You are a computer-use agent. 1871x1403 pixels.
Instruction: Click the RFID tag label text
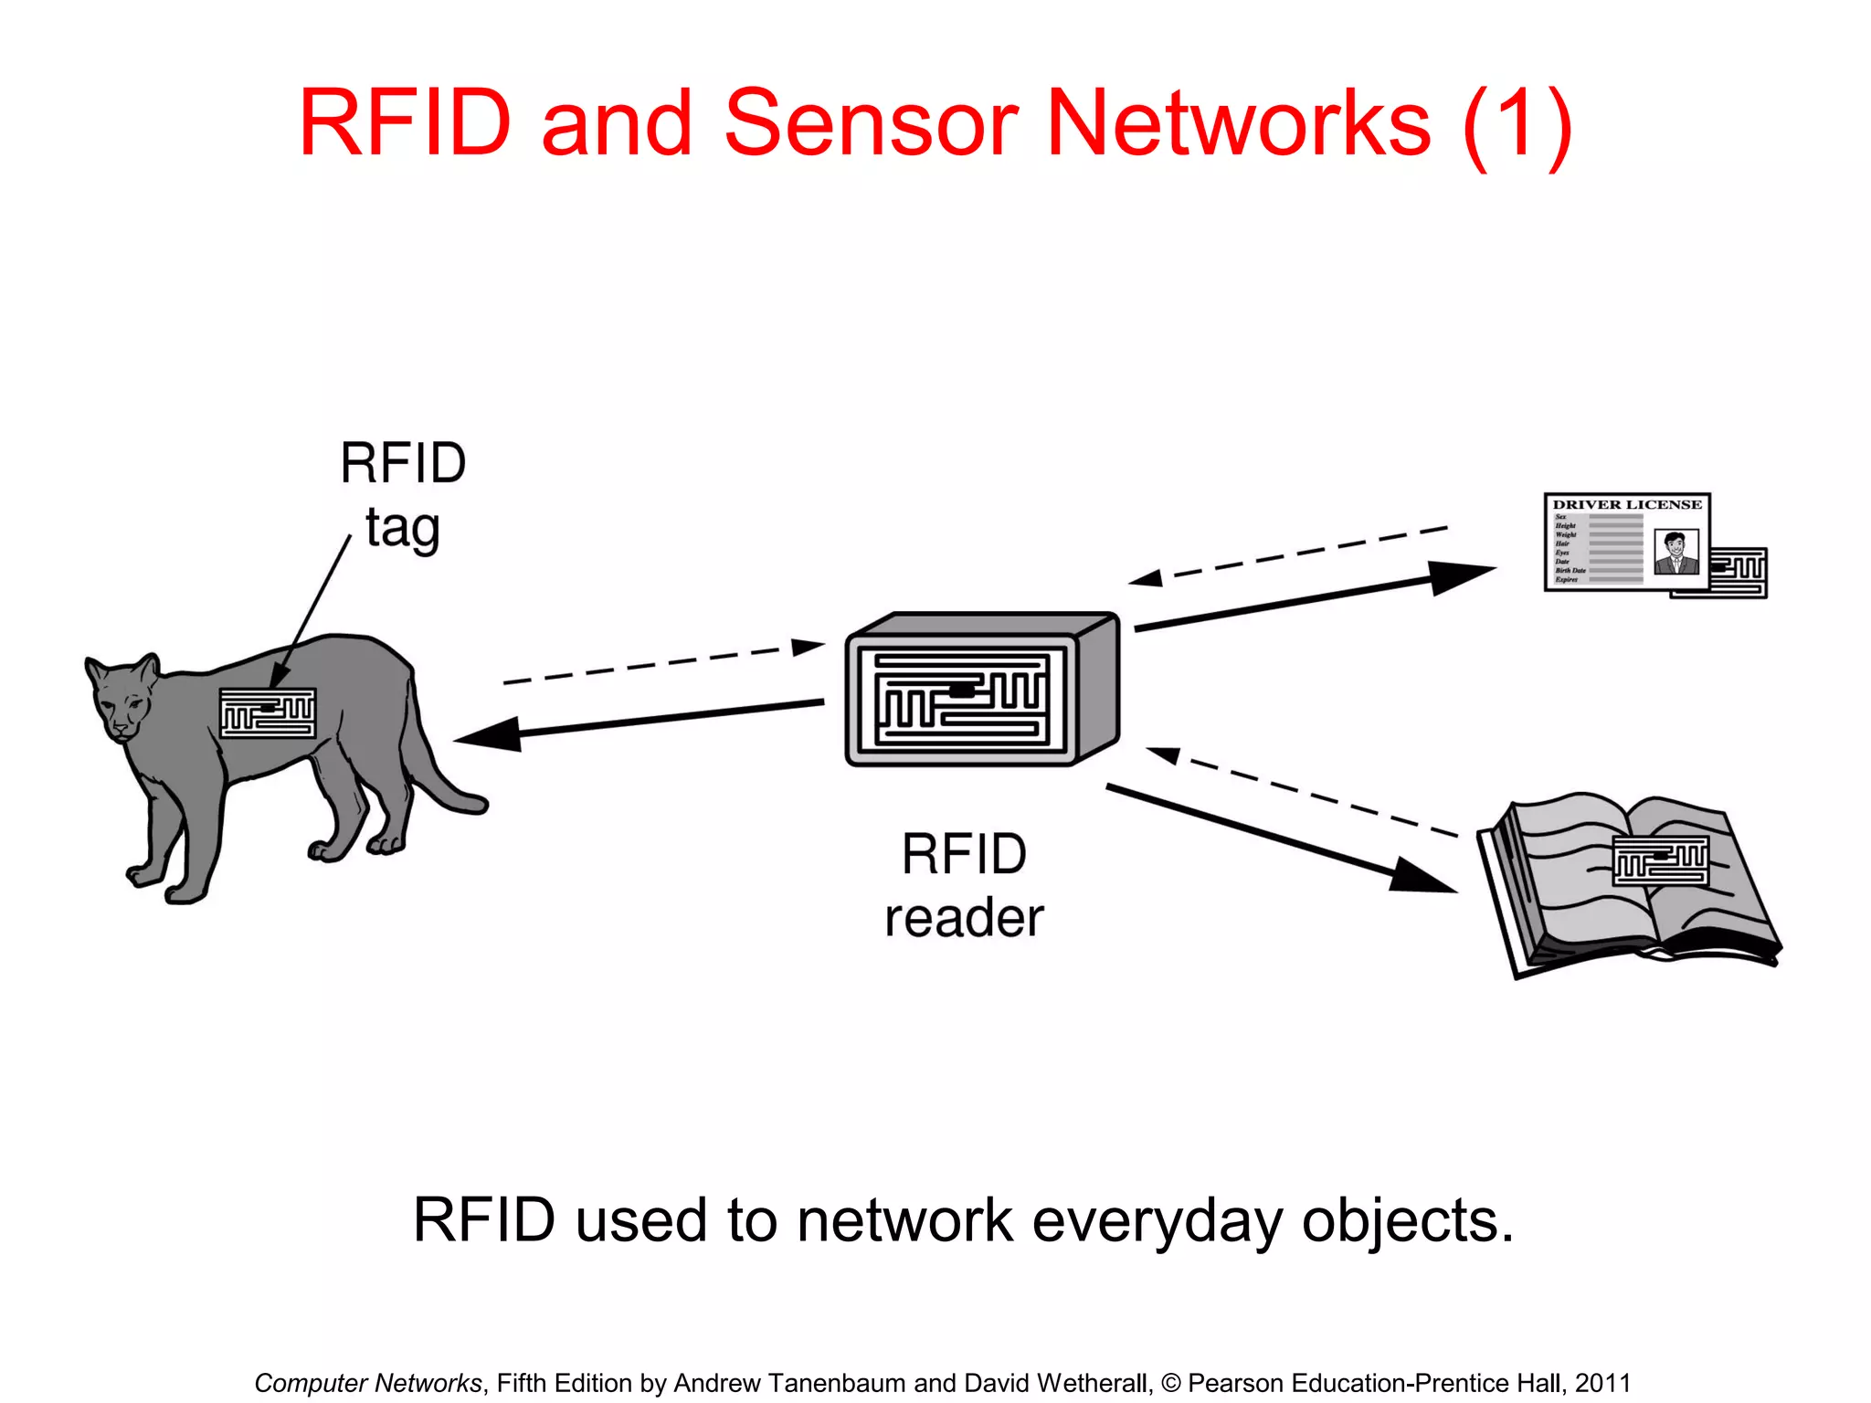click(x=403, y=495)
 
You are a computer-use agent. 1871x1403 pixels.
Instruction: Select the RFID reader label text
click(x=964, y=885)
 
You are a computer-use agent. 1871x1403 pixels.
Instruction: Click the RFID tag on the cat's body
click(x=268, y=712)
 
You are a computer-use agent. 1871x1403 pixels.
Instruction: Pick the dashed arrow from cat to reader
click(x=662, y=663)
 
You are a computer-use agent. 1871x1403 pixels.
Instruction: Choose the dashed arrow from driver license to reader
click(x=1288, y=554)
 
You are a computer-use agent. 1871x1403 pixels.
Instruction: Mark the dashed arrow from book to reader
click(x=1302, y=791)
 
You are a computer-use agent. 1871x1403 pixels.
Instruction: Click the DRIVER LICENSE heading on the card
click(x=1627, y=504)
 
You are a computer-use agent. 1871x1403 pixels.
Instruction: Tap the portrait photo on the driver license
click(x=1675, y=552)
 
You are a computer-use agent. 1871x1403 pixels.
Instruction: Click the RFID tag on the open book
click(x=1660, y=860)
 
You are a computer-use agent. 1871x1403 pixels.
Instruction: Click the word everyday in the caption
click(x=1157, y=1220)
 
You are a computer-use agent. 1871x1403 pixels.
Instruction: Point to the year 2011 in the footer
click(x=1602, y=1383)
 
